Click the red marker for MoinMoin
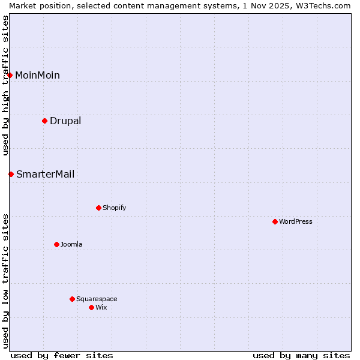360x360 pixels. coord(10,75)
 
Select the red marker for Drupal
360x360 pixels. coord(45,121)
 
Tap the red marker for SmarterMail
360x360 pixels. coord(11,175)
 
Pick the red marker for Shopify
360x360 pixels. coord(99,208)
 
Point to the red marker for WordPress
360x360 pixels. coord(275,222)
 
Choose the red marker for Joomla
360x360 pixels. coord(57,245)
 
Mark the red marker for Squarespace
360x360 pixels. coord(73,299)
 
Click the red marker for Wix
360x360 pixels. coord(92,308)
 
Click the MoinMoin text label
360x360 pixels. coord(37,75)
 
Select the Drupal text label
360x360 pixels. coord(65,121)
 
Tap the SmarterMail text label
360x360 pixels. coord(46,175)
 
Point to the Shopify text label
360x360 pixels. coord(114,208)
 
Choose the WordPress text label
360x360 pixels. coord(296,222)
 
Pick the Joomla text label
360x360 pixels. coord(71,245)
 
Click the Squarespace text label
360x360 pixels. coord(97,299)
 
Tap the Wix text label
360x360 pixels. coord(101,308)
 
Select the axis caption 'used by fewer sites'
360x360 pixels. coord(62,355)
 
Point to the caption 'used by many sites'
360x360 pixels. coord(301,355)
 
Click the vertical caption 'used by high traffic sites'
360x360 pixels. coord(5,85)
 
